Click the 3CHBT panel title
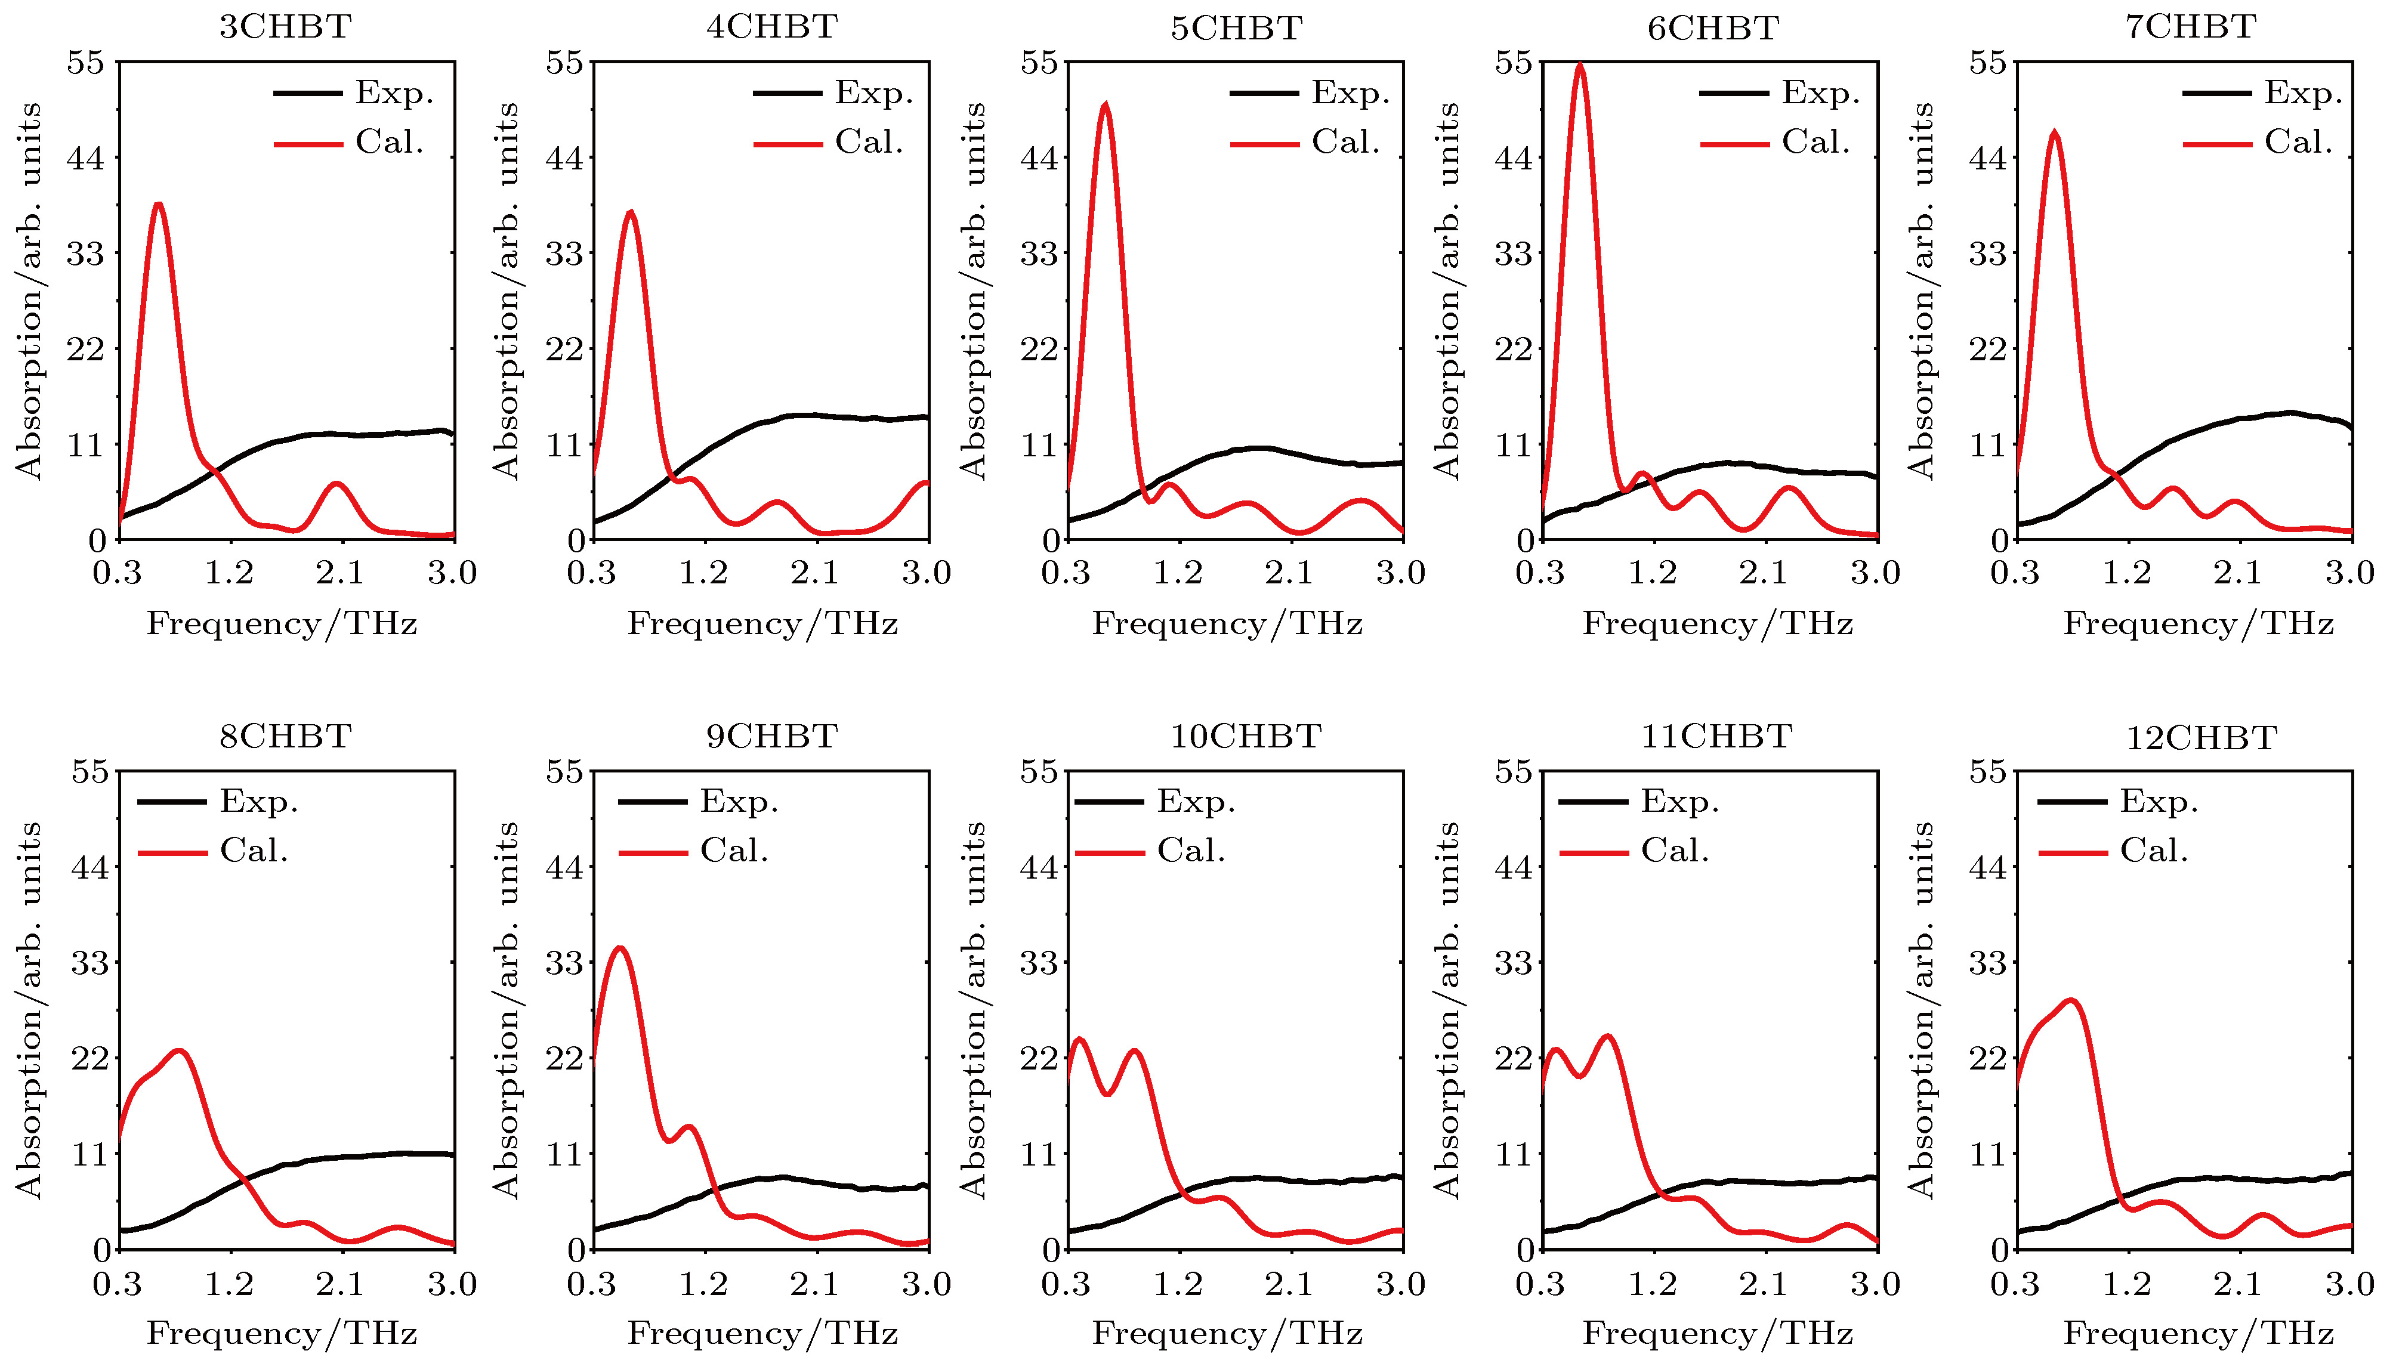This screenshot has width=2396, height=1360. click(285, 26)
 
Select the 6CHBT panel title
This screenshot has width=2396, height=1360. click(1712, 28)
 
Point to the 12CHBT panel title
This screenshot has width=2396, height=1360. click(2202, 738)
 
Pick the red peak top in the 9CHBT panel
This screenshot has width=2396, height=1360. click(619, 949)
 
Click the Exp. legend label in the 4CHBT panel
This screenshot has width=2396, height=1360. click(873, 92)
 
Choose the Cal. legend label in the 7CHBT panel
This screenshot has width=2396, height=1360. click(2298, 142)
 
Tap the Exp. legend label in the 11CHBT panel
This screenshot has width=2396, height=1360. click(1679, 802)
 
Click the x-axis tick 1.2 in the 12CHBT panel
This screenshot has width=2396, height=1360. click(2127, 1284)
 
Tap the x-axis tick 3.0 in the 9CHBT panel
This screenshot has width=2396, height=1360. click(927, 1284)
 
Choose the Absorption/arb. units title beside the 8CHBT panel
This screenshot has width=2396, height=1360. click(30, 1009)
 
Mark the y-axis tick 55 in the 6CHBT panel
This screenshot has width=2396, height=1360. click(1513, 63)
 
